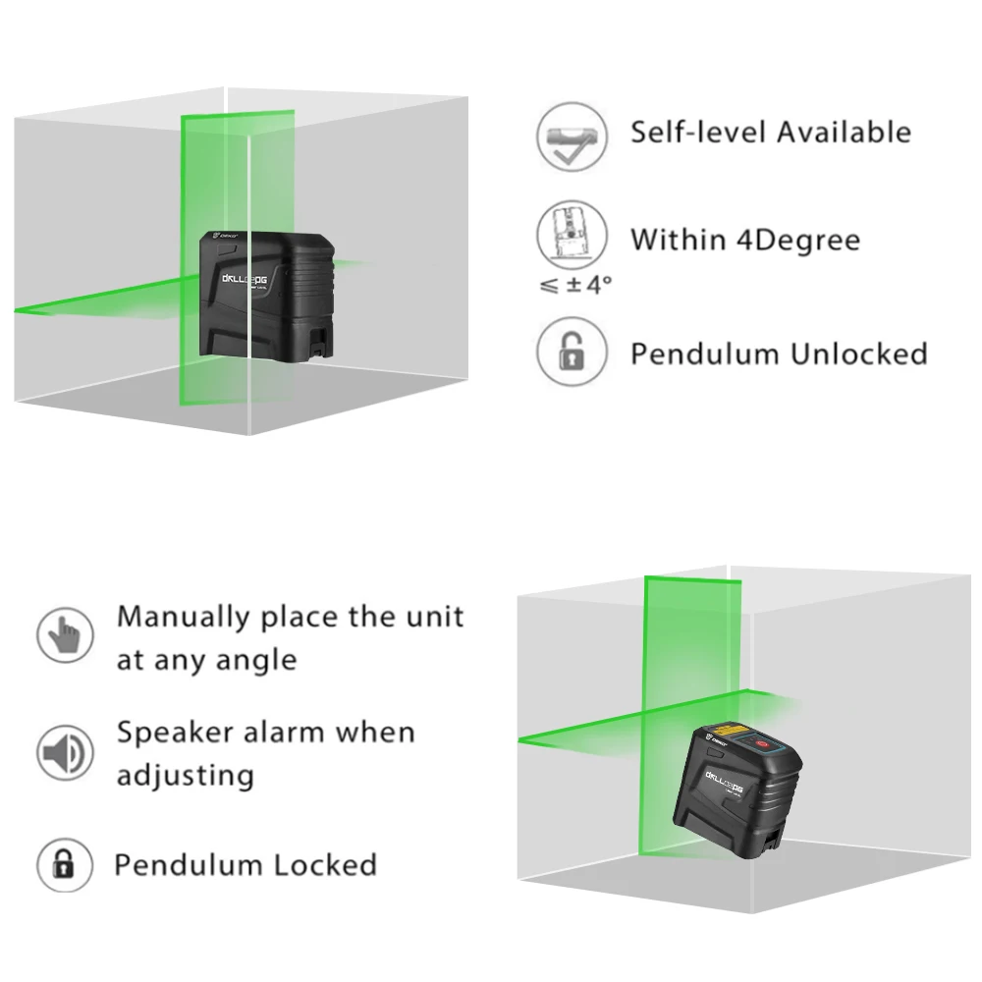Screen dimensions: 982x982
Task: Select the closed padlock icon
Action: tap(65, 865)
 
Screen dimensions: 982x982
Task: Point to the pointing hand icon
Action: tap(65, 635)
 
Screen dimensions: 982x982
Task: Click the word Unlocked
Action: tap(853, 354)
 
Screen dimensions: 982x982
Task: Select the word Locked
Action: tap(325, 865)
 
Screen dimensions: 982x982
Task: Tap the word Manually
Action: tap(184, 618)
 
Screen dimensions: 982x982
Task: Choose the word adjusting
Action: tap(186, 776)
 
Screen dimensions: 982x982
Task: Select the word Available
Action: tap(846, 132)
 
